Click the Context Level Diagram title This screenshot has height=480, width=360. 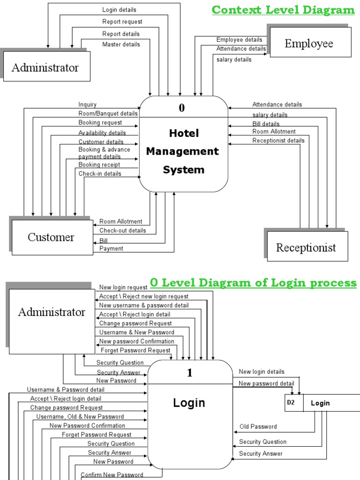point(283,10)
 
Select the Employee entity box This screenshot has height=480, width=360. point(310,43)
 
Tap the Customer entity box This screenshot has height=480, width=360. point(51,237)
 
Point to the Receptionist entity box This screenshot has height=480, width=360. point(306,247)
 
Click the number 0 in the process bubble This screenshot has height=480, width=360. point(182,108)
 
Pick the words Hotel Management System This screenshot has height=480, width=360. point(183,151)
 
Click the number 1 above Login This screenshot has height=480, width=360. point(190,373)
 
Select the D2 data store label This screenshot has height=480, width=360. point(291,403)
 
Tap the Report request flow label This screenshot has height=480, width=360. point(122,22)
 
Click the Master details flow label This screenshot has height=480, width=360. point(121,45)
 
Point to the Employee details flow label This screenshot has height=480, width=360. point(239,40)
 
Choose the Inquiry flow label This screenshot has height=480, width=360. point(88,105)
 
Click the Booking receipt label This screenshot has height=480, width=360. point(99,165)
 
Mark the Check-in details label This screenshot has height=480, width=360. point(100,174)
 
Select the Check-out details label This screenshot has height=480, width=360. point(122,231)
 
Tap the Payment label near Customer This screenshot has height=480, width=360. point(112,249)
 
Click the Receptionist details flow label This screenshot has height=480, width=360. point(278,141)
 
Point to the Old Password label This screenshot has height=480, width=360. point(258,427)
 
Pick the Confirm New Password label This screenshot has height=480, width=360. point(112,475)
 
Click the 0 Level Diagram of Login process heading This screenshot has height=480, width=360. point(253,283)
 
